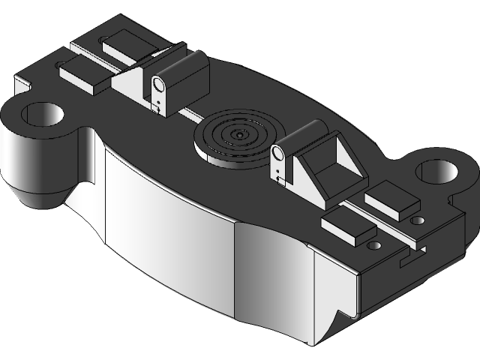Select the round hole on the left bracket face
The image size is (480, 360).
[159, 83]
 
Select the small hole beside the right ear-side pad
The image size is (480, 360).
[417, 220]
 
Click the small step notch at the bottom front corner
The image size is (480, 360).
[344, 314]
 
